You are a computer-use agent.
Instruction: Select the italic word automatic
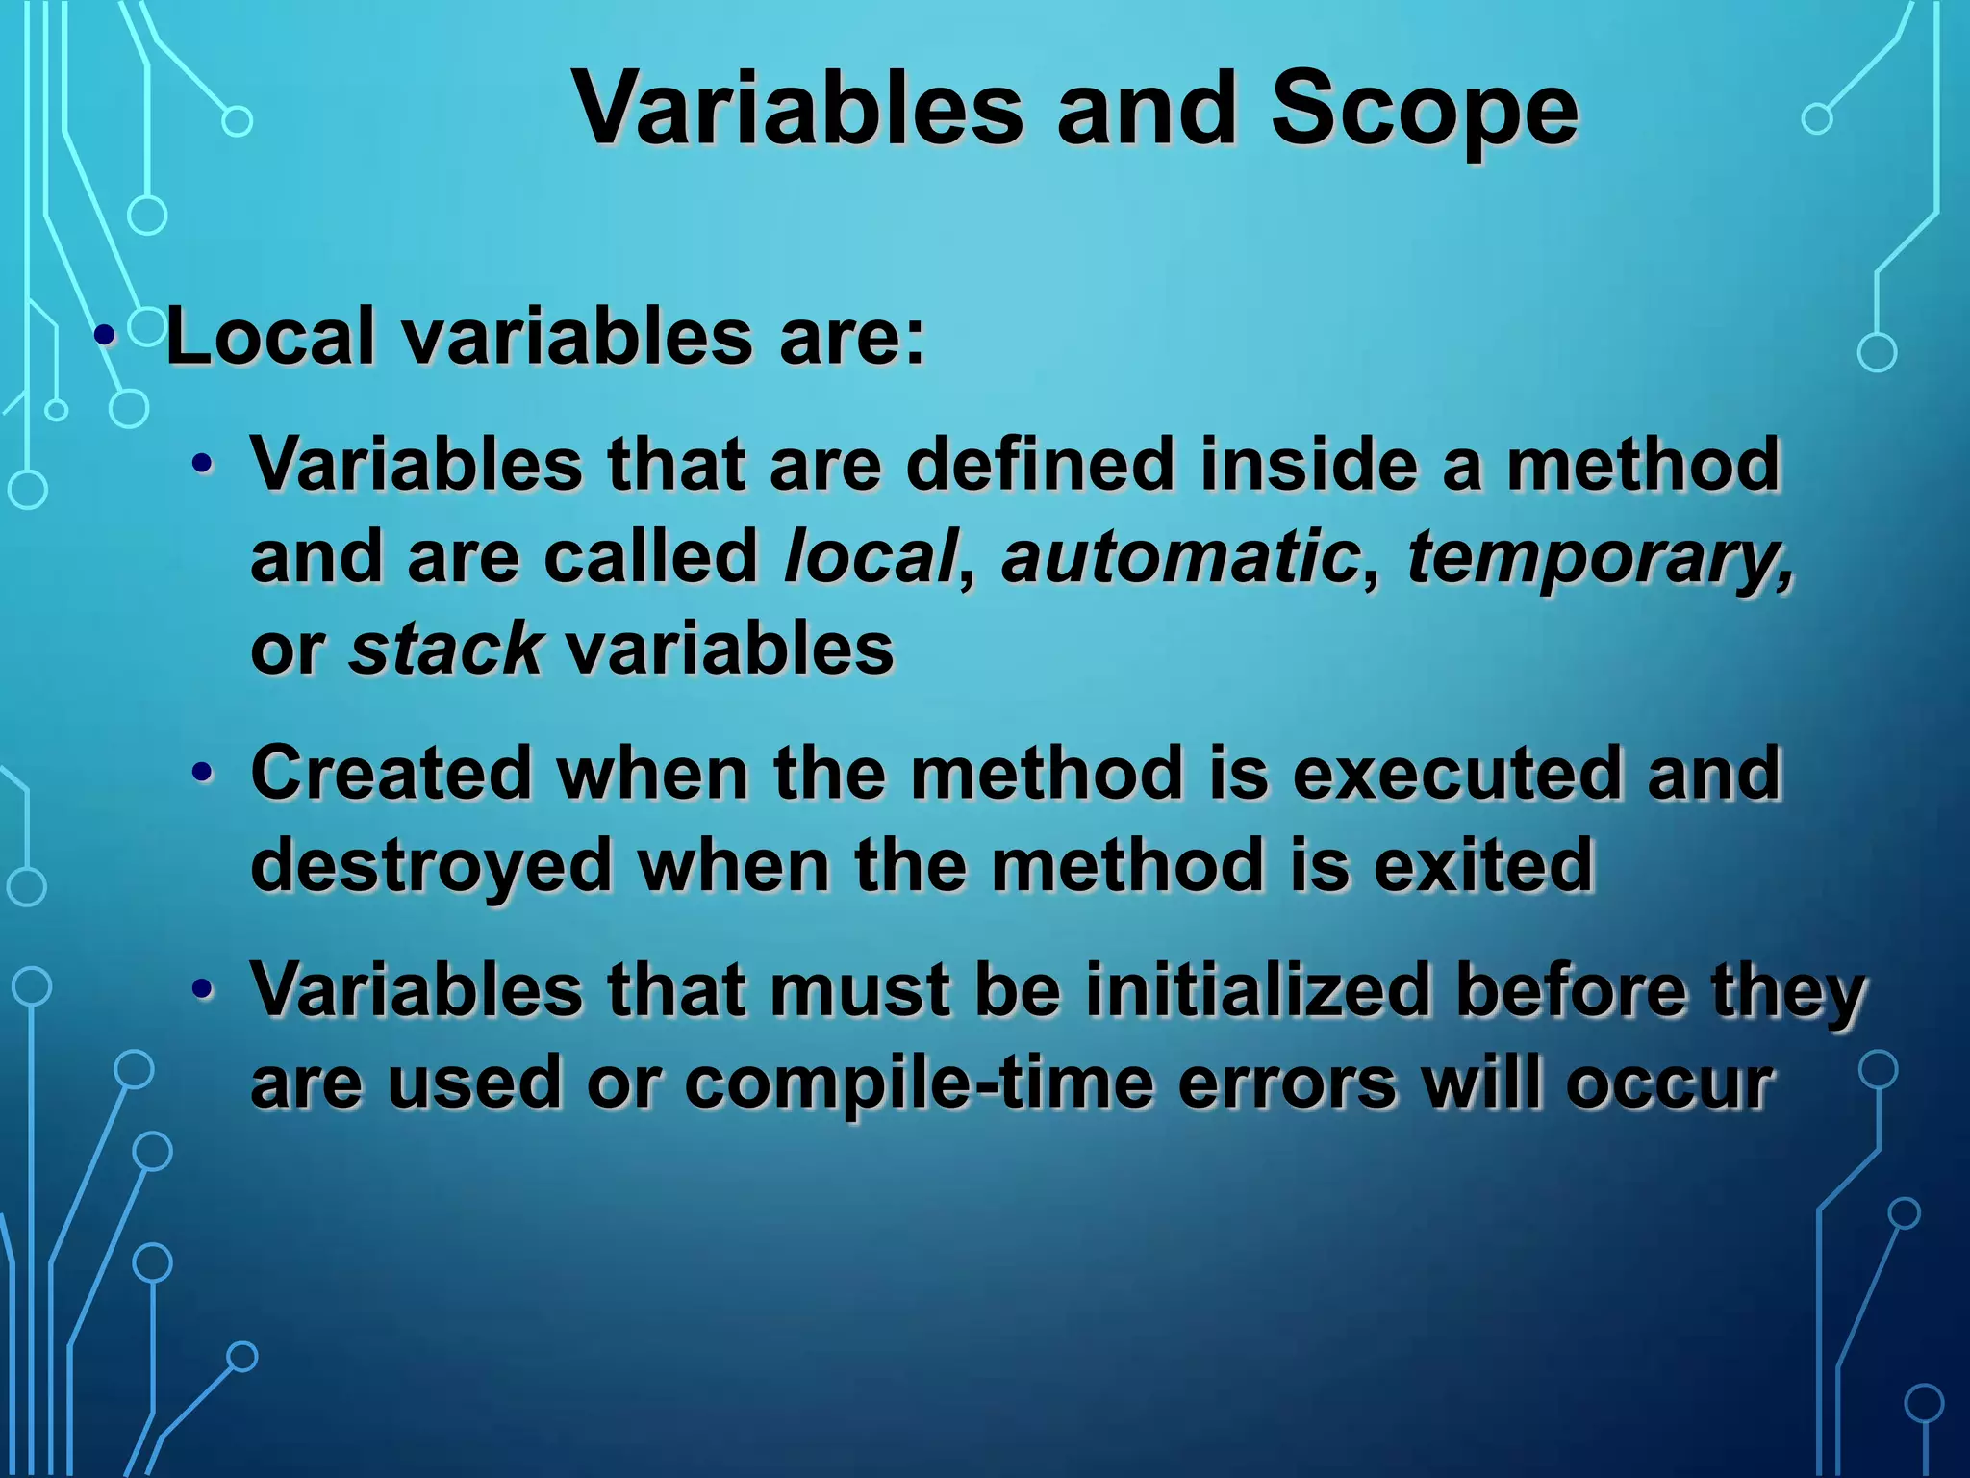[x=1180, y=557]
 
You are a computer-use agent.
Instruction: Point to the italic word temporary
[x=1600, y=557]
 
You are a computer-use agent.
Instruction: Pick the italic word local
[x=871, y=557]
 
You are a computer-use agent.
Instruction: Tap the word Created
[x=391, y=773]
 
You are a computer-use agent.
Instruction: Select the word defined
[x=1040, y=465]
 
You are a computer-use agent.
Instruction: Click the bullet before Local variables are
[x=105, y=338]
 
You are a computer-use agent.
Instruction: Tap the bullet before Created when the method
[x=201, y=773]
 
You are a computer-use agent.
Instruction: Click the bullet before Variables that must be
[x=201, y=990]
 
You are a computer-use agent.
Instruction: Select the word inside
[x=1309, y=465]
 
